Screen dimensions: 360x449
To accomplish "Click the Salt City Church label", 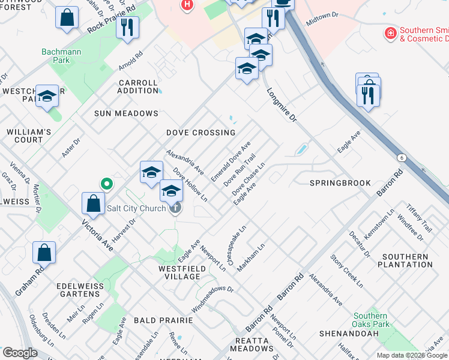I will (136, 209).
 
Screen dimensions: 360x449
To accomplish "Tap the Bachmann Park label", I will (61, 56).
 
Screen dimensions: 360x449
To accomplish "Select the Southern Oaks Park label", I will (370, 320).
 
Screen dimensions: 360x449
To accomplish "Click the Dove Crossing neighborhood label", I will (200, 133).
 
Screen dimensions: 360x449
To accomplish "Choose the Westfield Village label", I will (179, 272).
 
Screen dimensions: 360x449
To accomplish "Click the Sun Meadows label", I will (126, 113).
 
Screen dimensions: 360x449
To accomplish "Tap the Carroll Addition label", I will (138, 86).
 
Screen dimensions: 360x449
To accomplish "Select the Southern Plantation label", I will (405, 260).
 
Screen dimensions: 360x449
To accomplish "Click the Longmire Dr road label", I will (282, 105).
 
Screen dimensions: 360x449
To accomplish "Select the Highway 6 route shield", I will (400, 157).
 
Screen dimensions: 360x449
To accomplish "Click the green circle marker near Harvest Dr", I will (106, 184).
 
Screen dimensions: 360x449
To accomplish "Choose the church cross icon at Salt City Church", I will (175, 208).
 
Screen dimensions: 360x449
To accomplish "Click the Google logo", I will (20, 353).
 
